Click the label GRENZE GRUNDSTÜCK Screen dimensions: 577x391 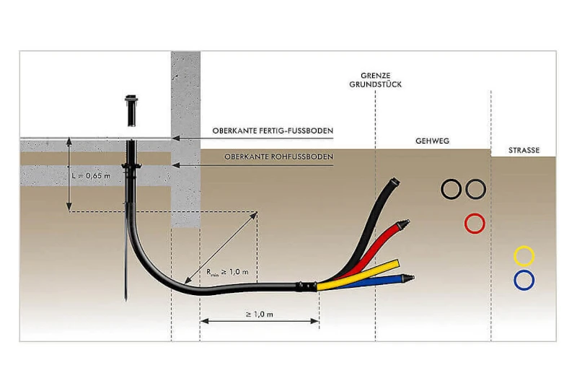click(375, 80)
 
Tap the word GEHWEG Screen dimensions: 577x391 click(432, 141)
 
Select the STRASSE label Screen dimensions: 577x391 click(524, 150)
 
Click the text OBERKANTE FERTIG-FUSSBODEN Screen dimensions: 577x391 click(273, 131)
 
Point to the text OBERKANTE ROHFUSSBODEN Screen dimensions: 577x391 click(279, 157)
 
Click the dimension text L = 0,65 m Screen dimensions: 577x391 click(92, 176)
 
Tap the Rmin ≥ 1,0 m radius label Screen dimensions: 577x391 click(227, 273)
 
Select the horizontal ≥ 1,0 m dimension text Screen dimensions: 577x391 click(260, 315)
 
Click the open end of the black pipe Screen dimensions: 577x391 click(395, 182)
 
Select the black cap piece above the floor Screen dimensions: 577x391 click(131, 111)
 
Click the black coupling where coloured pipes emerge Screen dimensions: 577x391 click(306, 286)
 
